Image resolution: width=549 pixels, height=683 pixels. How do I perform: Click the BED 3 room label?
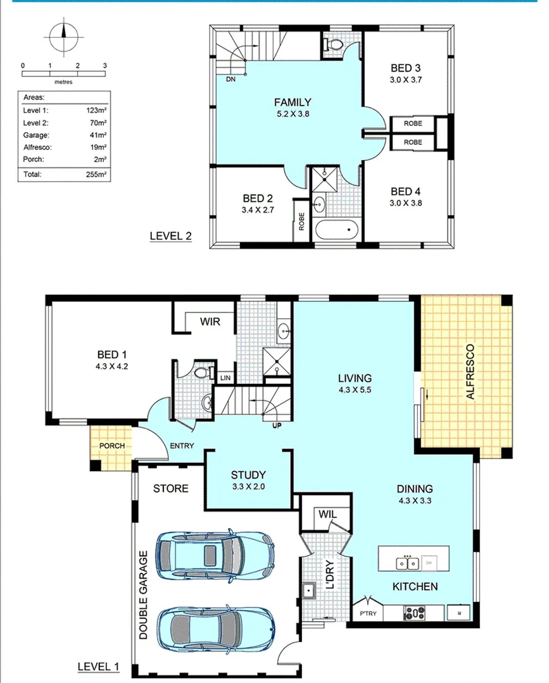point(406,68)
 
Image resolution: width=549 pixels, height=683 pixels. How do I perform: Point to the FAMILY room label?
point(292,102)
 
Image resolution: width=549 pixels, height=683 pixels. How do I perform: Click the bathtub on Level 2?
point(336,230)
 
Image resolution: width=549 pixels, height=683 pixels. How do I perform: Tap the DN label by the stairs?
point(230,79)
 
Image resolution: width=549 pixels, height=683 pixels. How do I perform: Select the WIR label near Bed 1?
point(210,322)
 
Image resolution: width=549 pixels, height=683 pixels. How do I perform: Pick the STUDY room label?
point(248,475)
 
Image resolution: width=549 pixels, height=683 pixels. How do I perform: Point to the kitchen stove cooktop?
point(415,612)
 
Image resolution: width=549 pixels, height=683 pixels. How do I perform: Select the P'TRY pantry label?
point(368,613)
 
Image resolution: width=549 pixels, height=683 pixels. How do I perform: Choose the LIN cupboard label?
point(225,378)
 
